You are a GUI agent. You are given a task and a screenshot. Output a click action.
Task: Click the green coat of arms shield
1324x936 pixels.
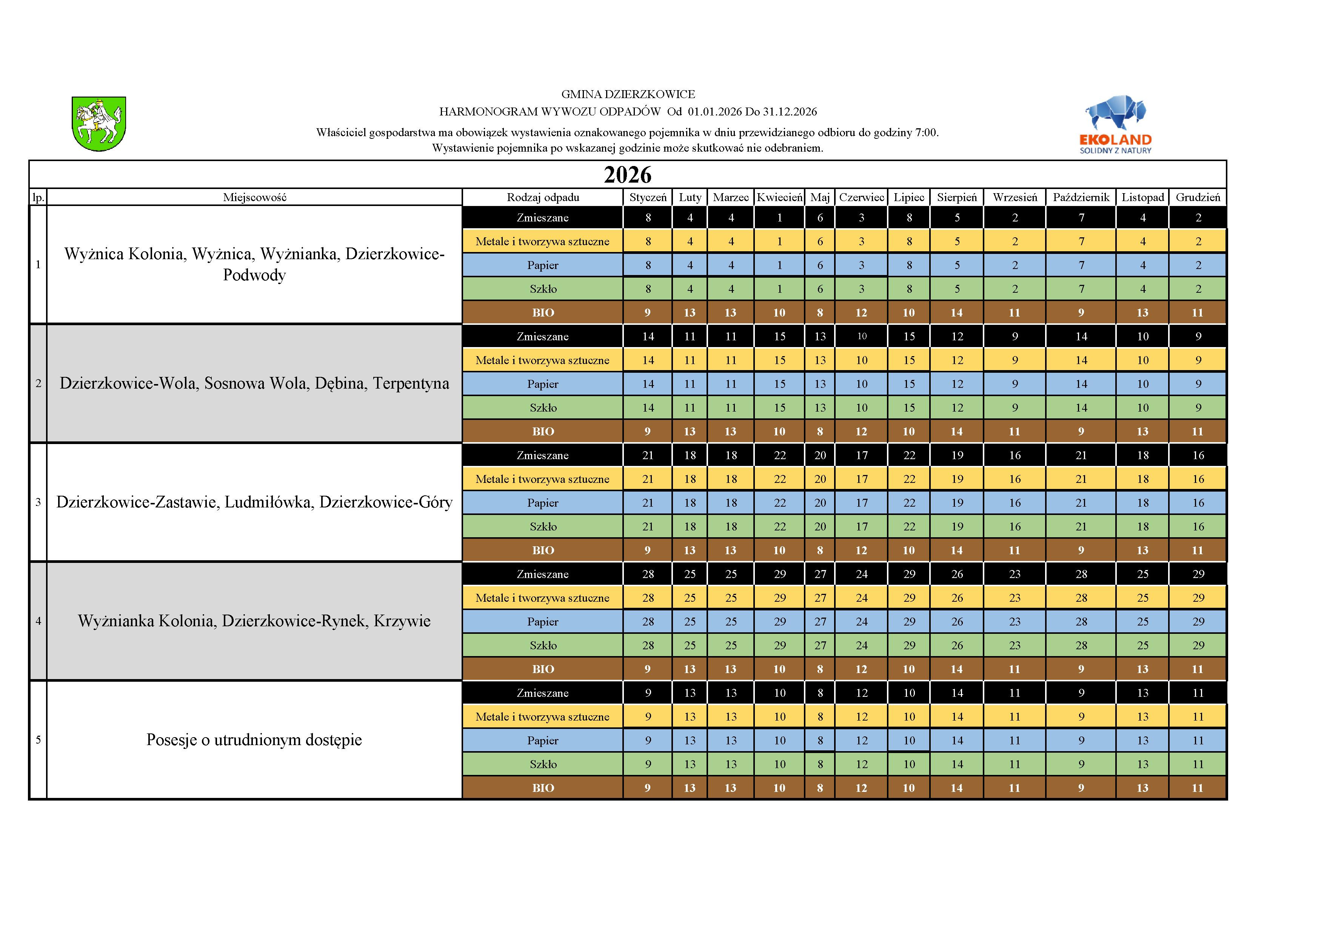click(x=99, y=123)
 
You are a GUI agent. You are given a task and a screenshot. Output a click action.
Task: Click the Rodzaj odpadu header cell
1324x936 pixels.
click(x=543, y=197)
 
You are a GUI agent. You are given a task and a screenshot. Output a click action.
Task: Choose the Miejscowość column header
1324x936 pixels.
click(x=254, y=197)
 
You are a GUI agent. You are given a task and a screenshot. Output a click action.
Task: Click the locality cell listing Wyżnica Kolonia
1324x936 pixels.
click(x=254, y=264)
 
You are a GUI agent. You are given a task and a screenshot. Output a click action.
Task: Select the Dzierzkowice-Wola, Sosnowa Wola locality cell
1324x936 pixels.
click(x=254, y=383)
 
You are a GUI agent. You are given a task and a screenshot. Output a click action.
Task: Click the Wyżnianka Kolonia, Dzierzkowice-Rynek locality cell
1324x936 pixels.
click(x=254, y=621)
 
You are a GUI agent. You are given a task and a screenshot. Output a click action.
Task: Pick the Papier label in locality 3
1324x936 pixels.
click(x=543, y=503)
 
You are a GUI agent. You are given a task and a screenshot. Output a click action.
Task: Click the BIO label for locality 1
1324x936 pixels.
click(x=543, y=312)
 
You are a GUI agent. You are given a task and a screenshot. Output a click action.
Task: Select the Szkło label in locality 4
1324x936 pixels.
click(x=543, y=646)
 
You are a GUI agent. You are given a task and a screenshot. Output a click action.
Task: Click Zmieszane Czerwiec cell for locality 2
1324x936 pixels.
click(x=862, y=336)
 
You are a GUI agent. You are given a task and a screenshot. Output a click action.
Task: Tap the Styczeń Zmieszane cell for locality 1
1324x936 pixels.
click(x=648, y=217)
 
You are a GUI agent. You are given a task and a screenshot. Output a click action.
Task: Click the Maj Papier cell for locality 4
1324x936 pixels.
click(x=820, y=621)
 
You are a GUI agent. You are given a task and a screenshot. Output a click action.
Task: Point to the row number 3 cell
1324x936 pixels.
click(x=38, y=502)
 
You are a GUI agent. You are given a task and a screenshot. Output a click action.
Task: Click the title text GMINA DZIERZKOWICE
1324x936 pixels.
click(x=628, y=94)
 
